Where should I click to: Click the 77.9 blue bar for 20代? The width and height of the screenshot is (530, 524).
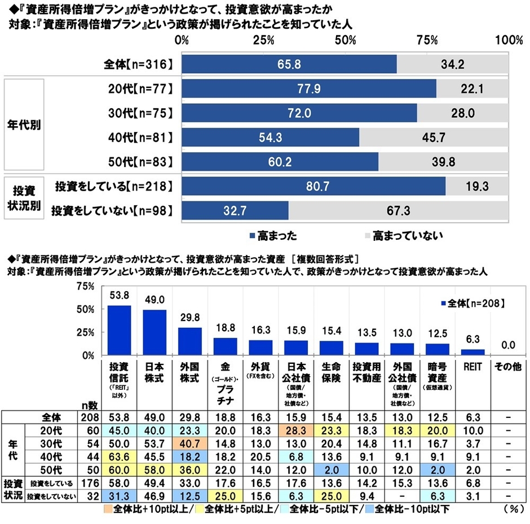coord(309,89)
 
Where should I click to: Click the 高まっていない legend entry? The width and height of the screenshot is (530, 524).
coord(404,234)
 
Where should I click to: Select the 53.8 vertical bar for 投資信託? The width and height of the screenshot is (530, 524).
coord(119,331)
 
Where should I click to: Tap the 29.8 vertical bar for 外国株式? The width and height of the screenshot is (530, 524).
coord(189,341)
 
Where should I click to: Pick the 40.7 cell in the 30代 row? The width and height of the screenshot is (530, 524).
coord(191,442)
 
